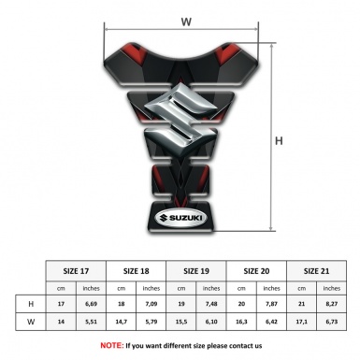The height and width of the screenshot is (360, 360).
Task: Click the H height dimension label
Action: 280,140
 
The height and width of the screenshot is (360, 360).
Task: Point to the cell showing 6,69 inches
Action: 91,305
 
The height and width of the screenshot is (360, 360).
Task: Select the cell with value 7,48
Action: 211,305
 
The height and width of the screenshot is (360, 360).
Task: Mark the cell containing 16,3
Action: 242,324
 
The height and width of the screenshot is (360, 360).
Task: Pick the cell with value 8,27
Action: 332,305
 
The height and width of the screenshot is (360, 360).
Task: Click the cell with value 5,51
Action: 91,324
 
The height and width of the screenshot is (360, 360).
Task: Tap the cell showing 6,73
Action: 332,324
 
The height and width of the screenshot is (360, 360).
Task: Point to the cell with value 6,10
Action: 211,324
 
